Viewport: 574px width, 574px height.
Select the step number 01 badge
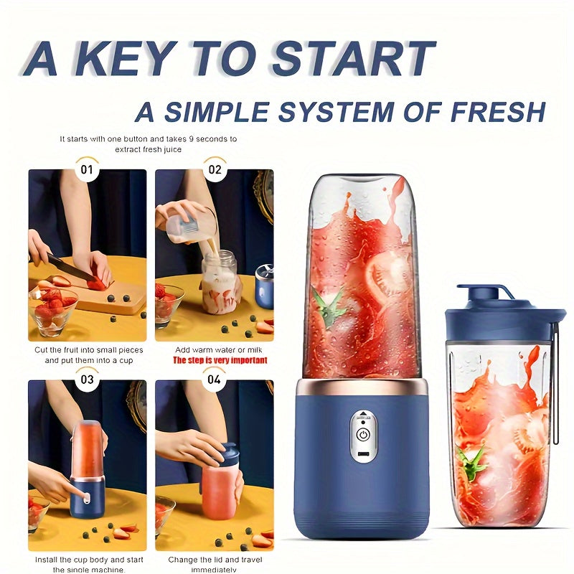coord(87,170)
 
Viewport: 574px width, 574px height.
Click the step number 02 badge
coord(214,170)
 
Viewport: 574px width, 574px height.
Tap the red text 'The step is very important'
coord(214,360)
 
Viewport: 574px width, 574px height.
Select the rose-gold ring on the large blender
coord(362,387)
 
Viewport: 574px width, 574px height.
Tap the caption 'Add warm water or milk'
coord(214,349)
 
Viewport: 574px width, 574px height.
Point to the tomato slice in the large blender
coord(387,276)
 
